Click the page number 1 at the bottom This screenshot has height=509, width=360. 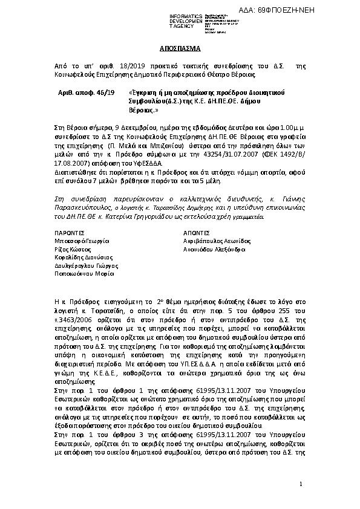301,485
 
